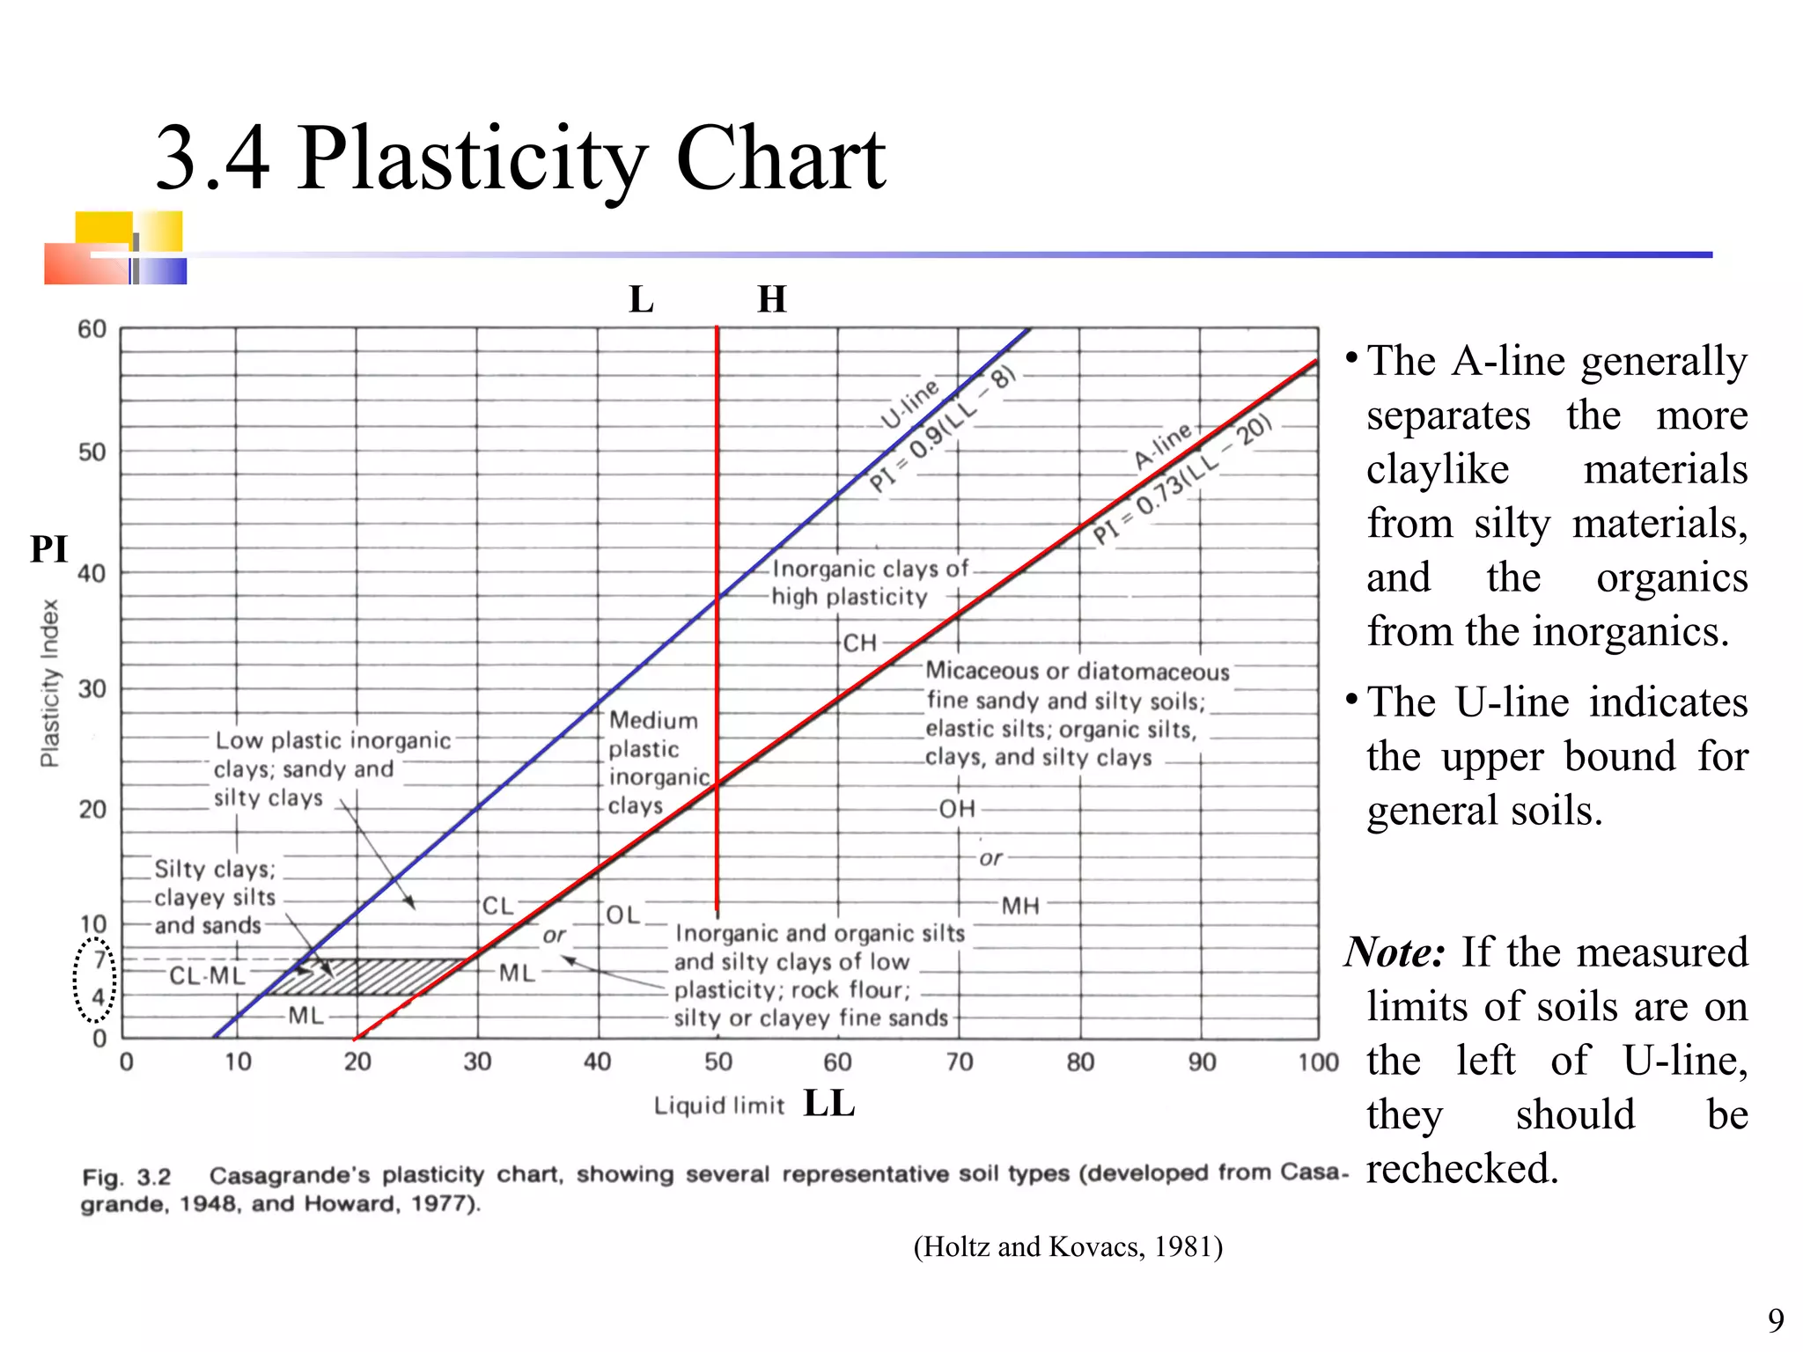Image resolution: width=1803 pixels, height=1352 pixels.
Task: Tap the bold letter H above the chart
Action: point(771,300)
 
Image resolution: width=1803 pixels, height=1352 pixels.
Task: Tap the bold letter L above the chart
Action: point(641,300)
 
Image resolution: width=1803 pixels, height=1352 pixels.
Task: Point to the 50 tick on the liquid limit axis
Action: point(718,1062)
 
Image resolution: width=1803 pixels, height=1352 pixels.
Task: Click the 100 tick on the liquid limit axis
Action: point(1317,1062)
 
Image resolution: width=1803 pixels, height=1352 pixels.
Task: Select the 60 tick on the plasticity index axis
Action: point(92,329)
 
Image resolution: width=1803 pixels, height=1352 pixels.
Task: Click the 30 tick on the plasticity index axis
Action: point(92,688)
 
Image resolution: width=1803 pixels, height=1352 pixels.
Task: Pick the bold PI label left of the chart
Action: point(48,549)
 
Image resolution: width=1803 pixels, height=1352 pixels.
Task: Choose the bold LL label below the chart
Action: point(828,1104)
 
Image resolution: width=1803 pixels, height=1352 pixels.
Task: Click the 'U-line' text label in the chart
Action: point(910,404)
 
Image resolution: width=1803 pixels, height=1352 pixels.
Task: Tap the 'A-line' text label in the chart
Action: point(1162,445)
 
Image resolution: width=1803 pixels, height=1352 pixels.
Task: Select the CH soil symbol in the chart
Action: point(860,643)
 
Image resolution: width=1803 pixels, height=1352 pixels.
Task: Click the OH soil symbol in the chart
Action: point(957,809)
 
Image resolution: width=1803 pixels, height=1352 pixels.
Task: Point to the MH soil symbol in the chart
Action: point(1020,906)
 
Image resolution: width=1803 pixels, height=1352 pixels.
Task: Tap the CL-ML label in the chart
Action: point(207,975)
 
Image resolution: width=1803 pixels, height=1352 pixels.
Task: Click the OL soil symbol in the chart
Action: point(622,915)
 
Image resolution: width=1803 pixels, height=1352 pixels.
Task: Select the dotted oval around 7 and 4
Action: point(94,979)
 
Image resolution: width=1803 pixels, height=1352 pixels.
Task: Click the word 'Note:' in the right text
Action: point(1395,952)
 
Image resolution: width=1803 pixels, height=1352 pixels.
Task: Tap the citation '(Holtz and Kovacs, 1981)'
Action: point(1068,1246)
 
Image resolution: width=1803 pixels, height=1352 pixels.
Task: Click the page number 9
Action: point(1776,1320)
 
